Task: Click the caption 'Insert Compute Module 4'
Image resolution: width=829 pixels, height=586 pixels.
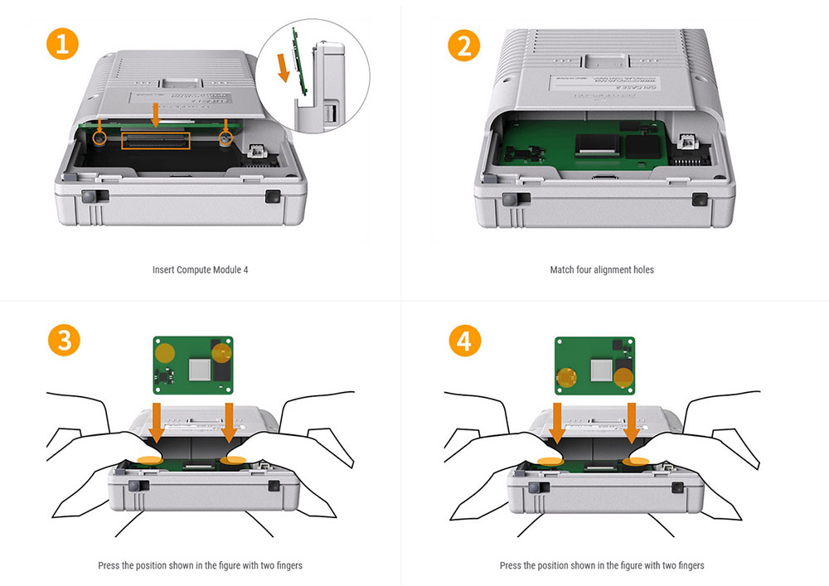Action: pos(201,270)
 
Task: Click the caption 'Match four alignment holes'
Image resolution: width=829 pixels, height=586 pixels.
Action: pos(602,270)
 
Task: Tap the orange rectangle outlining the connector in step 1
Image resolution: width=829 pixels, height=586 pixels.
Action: pos(156,140)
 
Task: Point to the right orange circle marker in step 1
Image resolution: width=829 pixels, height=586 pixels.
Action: pos(225,134)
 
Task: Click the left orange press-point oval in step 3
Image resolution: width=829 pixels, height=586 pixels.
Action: pos(150,458)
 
